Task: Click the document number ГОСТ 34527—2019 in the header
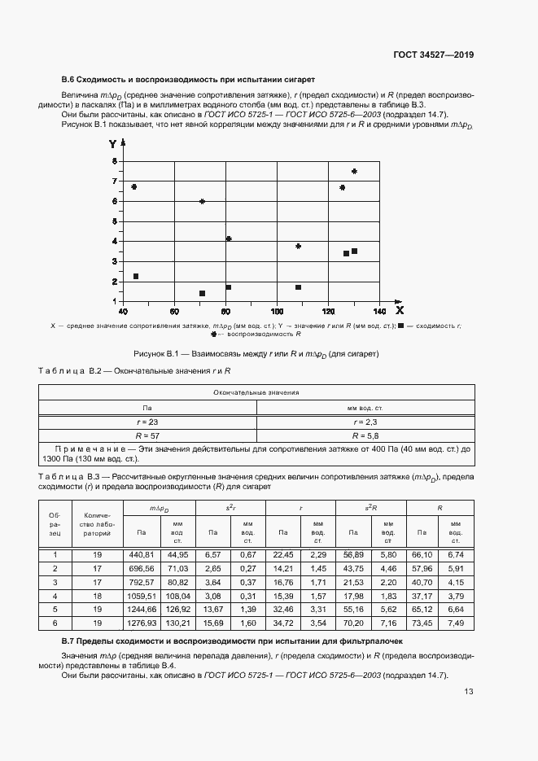[433, 55]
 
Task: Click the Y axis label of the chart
[112, 144]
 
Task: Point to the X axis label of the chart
[399, 310]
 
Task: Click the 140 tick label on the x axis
[379, 311]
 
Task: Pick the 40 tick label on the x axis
[123, 311]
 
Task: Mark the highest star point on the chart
[354, 171]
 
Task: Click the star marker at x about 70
[202, 201]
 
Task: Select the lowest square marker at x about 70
[202, 294]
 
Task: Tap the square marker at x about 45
[135, 277]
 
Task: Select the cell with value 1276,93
[142, 623]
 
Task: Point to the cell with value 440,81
[142, 554]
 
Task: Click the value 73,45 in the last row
[422, 623]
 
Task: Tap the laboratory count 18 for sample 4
[97, 595]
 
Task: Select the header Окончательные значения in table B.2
[256, 392]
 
